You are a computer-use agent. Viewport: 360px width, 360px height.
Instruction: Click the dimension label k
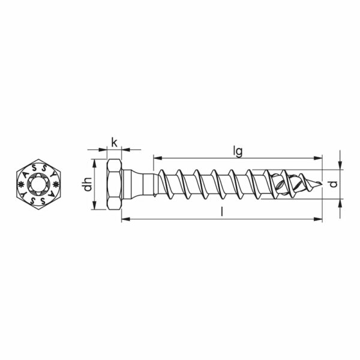coord(114,143)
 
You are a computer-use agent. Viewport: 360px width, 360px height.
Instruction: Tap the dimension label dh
coord(88,184)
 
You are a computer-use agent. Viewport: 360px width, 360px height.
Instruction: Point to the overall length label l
coord(221,211)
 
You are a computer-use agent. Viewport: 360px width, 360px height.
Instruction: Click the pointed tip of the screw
coord(322,184)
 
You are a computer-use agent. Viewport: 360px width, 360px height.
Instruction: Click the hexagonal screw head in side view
coord(114,184)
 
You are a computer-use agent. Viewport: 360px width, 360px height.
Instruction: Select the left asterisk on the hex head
coord(20,184)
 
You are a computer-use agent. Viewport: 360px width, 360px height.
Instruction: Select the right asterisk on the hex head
coord(56,184)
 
